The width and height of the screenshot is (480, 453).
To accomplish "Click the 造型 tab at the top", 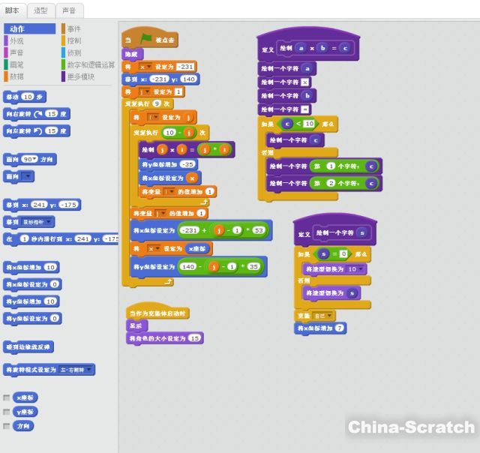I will coord(40,10).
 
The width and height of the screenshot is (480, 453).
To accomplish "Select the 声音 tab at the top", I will coord(69,10).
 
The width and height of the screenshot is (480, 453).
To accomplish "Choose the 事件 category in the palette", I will coord(73,28).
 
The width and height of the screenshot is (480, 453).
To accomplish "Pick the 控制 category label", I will coord(73,40).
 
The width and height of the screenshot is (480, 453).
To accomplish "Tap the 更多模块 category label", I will coord(82,76).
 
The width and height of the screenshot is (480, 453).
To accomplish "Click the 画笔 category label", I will coord(16,64).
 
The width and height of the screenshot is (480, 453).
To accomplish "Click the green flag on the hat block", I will coord(145,37).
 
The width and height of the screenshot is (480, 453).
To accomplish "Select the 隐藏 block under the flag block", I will coord(132,54).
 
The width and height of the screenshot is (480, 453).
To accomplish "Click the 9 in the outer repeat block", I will coord(156,103).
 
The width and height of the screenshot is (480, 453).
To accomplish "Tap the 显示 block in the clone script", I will coord(136,326).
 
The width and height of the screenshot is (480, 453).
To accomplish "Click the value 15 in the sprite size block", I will coord(194,338).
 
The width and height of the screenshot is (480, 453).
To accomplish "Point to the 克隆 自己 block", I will coord(316,316).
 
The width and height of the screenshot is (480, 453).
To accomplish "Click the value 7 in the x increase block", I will coord(340,328).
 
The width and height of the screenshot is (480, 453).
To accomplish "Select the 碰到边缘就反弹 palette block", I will coord(28,347).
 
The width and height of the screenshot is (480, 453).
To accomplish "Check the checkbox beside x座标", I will coord(7,397).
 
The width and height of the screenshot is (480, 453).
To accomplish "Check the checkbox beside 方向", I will coord(7,426).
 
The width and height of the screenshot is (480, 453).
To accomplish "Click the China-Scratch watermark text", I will coord(411,427).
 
